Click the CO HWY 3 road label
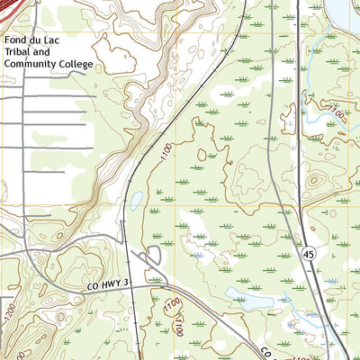tap(110, 284)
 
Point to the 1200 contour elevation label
tap(11, 315)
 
